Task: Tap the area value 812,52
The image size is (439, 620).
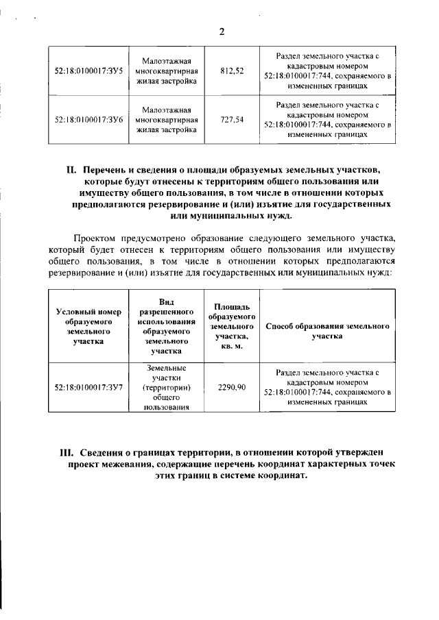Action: click(x=232, y=71)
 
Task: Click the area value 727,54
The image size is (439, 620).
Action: click(x=232, y=119)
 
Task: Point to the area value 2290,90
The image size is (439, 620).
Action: click(x=232, y=387)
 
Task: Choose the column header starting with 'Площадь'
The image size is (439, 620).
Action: click(x=232, y=326)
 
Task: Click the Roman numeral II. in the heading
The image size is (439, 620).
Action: click(x=70, y=169)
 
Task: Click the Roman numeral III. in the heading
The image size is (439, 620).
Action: click(x=67, y=453)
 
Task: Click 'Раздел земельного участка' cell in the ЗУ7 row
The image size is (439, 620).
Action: click(x=327, y=387)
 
